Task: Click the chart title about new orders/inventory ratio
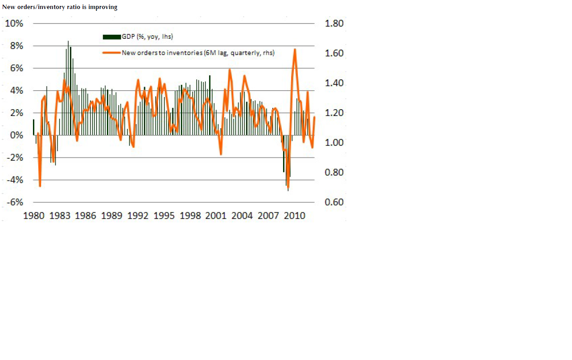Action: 60,7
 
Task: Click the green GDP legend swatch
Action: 112,37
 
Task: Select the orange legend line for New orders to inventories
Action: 112,53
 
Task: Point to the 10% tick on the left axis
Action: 14,23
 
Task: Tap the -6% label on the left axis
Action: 14,202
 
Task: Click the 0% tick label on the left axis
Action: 16,135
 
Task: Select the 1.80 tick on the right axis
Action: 335,23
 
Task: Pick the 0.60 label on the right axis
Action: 335,202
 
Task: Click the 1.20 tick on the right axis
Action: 335,113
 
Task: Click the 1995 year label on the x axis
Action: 164,216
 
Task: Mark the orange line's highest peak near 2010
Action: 295,49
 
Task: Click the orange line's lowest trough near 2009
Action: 288,188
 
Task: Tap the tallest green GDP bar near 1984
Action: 68,42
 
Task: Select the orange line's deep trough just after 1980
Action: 40,186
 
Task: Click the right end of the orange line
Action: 314,117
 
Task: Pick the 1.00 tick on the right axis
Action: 335,143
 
